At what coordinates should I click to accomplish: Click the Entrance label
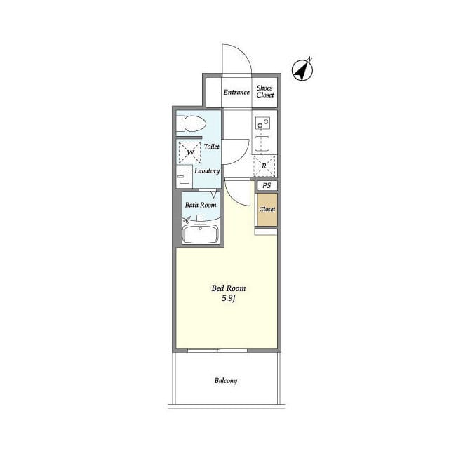(x=236, y=92)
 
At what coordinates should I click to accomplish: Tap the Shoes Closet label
(x=265, y=91)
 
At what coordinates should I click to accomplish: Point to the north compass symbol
(x=302, y=69)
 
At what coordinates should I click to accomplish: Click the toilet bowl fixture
(x=191, y=123)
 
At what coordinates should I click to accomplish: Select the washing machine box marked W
(x=190, y=153)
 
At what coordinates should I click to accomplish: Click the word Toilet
(x=212, y=147)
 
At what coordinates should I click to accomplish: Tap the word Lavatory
(x=207, y=171)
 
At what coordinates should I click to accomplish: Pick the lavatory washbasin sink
(x=183, y=177)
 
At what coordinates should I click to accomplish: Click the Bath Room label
(x=201, y=205)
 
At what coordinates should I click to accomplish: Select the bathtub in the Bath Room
(x=200, y=234)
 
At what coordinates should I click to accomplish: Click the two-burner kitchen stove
(x=263, y=123)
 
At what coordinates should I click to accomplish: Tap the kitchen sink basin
(x=262, y=144)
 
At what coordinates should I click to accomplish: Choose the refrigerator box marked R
(x=264, y=166)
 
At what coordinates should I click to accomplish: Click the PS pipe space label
(x=267, y=185)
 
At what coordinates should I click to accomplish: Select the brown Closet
(x=267, y=210)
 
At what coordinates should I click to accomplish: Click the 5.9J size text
(x=229, y=299)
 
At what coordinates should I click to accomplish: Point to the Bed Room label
(x=229, y=288)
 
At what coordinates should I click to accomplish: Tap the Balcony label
(x=226, y=380)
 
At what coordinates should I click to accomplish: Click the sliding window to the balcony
(x=217, y=350)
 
